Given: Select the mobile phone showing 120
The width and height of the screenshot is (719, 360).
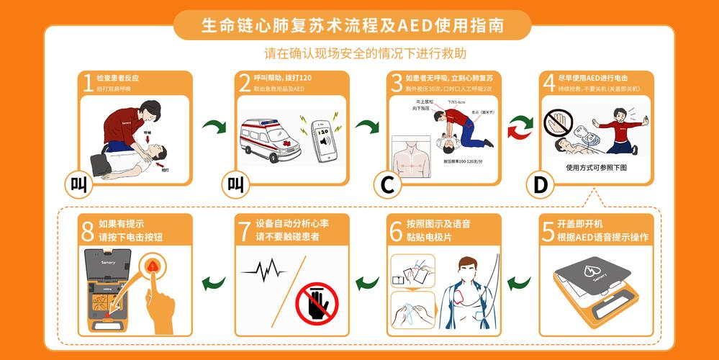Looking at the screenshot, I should [323, 138].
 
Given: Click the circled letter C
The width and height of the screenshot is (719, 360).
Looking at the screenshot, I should [387, 185].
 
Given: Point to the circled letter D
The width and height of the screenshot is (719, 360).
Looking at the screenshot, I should [541, 185].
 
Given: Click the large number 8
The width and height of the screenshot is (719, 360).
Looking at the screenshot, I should [88, 230].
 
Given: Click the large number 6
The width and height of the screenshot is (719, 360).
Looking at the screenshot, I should [396, 230].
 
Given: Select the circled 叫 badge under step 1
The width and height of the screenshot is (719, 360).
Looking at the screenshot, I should [78, 185].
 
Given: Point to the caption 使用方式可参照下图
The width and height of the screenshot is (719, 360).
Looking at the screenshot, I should [597, 167].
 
